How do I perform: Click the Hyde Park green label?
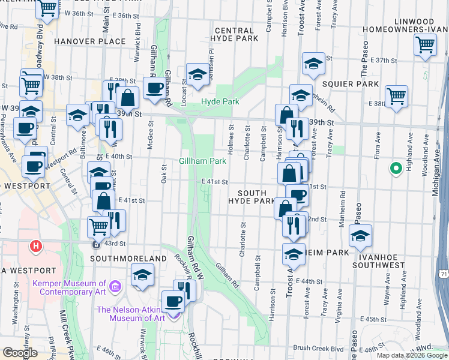(220, 102)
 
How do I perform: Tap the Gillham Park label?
(202, 161)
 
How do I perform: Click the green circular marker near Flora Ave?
(396, 169)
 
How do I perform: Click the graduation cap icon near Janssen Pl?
(196, 74)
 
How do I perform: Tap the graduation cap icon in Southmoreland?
(142, 275)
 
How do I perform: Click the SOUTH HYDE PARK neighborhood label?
(252, 196)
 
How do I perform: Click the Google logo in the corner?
(20, 353)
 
